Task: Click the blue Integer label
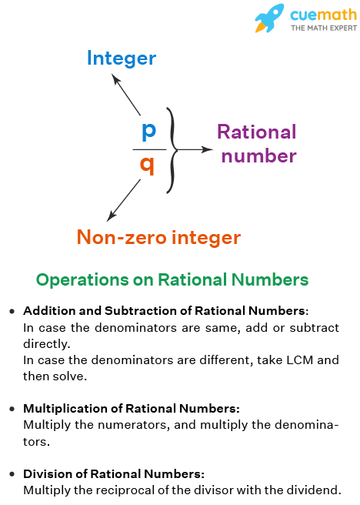pos(122,58)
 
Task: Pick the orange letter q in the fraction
pos(148,164)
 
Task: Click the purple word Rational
pos(256,132)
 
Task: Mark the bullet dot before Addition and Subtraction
pos(12,312)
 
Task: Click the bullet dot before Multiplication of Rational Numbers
pos(12,409)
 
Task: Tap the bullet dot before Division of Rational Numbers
pos(12,474)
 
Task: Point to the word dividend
pos(312,490)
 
